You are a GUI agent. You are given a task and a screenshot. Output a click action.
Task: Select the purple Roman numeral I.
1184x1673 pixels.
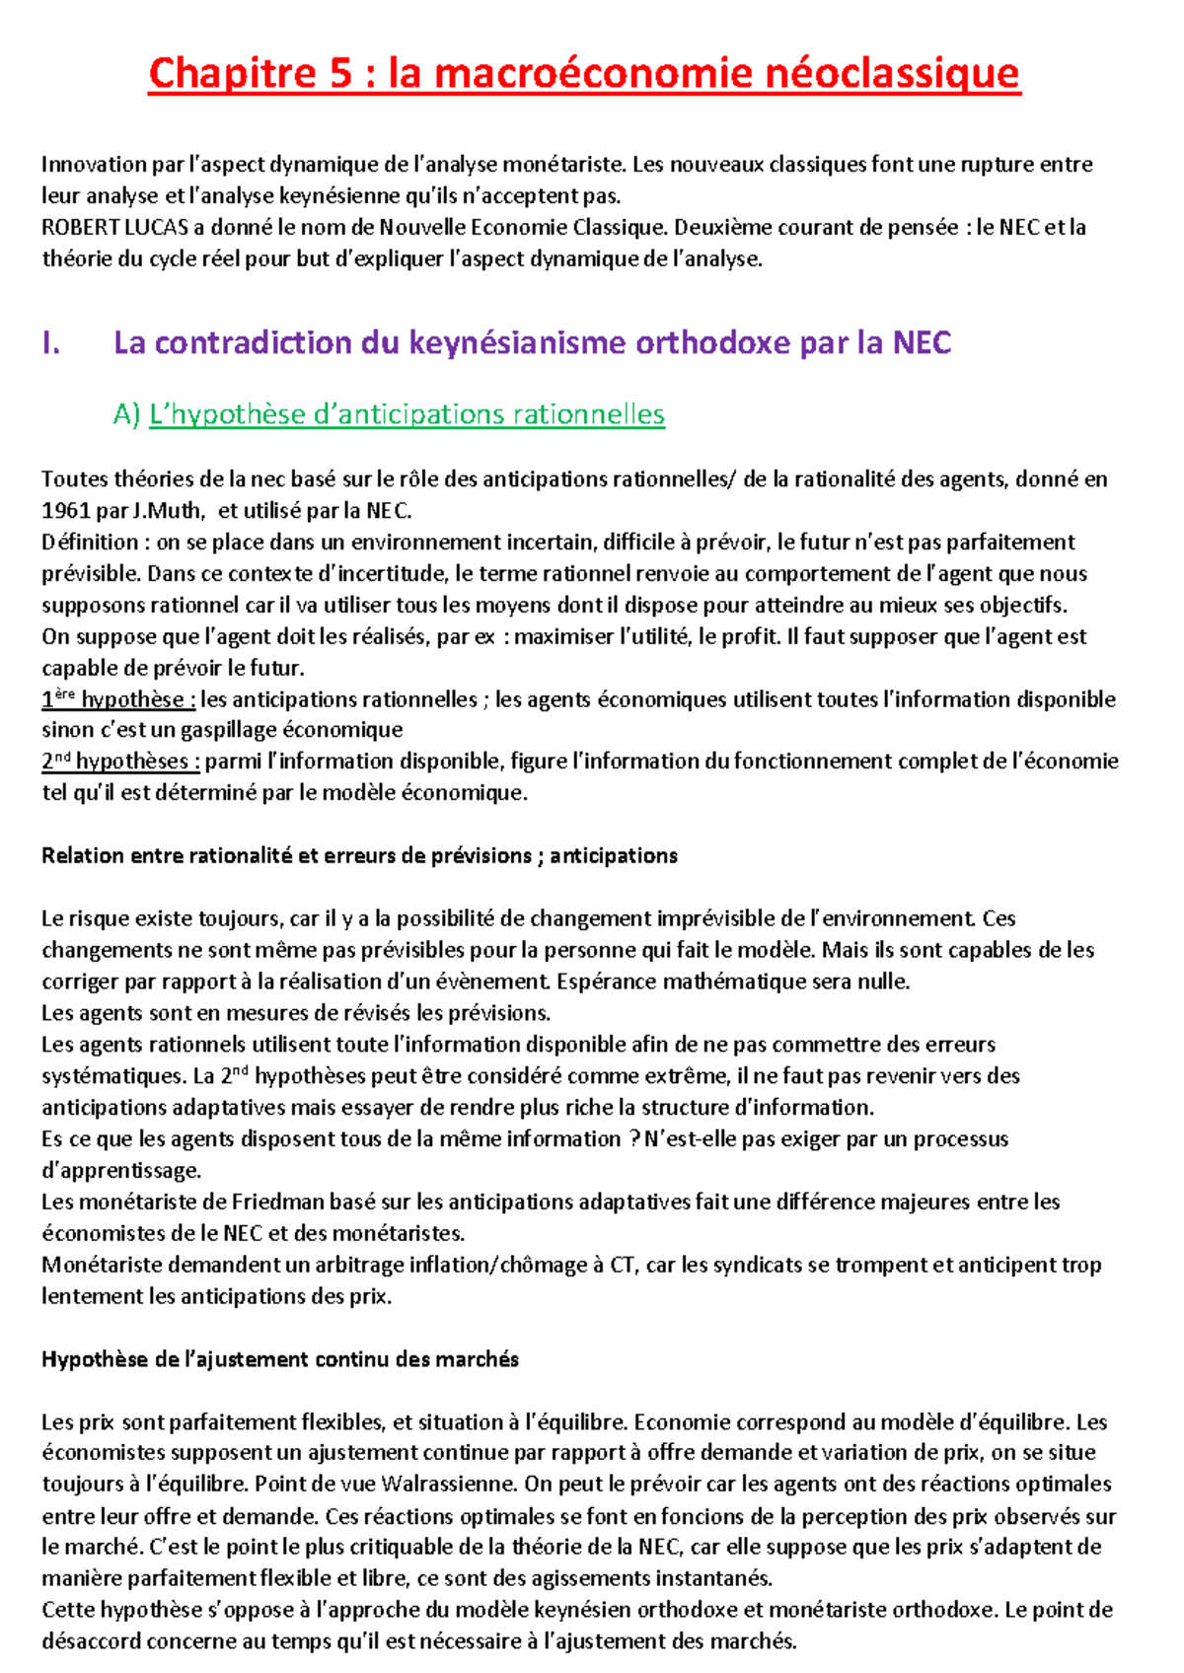pyautogui.click(x=51, y=343)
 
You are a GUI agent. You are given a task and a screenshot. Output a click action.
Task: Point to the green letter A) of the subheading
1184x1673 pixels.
pyautogui.click(x=127, y=415)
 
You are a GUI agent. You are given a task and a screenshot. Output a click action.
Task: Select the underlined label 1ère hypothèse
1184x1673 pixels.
pyautogui.click(x=118, y=699)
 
